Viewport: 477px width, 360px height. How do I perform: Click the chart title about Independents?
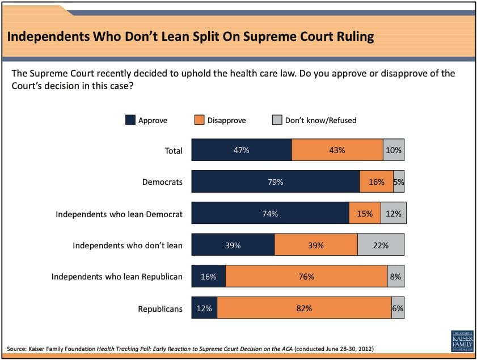tap(190, 37)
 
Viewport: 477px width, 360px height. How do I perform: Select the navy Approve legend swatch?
tap(130, 120)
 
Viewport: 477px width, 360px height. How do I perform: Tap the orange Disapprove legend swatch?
tap(199, 120)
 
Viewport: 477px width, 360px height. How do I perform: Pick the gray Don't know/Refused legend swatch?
tap(277, 120)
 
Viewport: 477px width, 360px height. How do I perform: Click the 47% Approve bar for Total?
tap(242, 150)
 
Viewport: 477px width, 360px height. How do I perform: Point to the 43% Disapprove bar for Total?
tap(337, 150)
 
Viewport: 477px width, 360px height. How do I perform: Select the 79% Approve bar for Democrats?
tap(276, 182)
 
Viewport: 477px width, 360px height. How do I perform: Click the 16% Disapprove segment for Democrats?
tap(376, 182)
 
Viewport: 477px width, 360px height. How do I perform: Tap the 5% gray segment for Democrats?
tap(399, 182)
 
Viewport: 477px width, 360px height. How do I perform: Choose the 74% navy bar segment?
tap(270, 214)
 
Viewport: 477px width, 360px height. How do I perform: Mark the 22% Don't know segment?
tap(381, 245)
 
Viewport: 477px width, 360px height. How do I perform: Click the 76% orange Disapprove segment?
tap(306, 277)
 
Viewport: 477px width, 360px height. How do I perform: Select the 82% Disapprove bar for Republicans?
tap(304, 308)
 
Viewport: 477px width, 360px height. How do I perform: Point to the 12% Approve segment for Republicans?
tap(204, 308)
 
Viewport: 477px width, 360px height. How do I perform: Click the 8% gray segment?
tap(396, 277)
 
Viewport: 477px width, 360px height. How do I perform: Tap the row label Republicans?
tap(161, 309)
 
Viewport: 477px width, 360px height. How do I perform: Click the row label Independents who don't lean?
tap(128, 245)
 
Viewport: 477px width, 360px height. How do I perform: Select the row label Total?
tap(173, 151)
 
